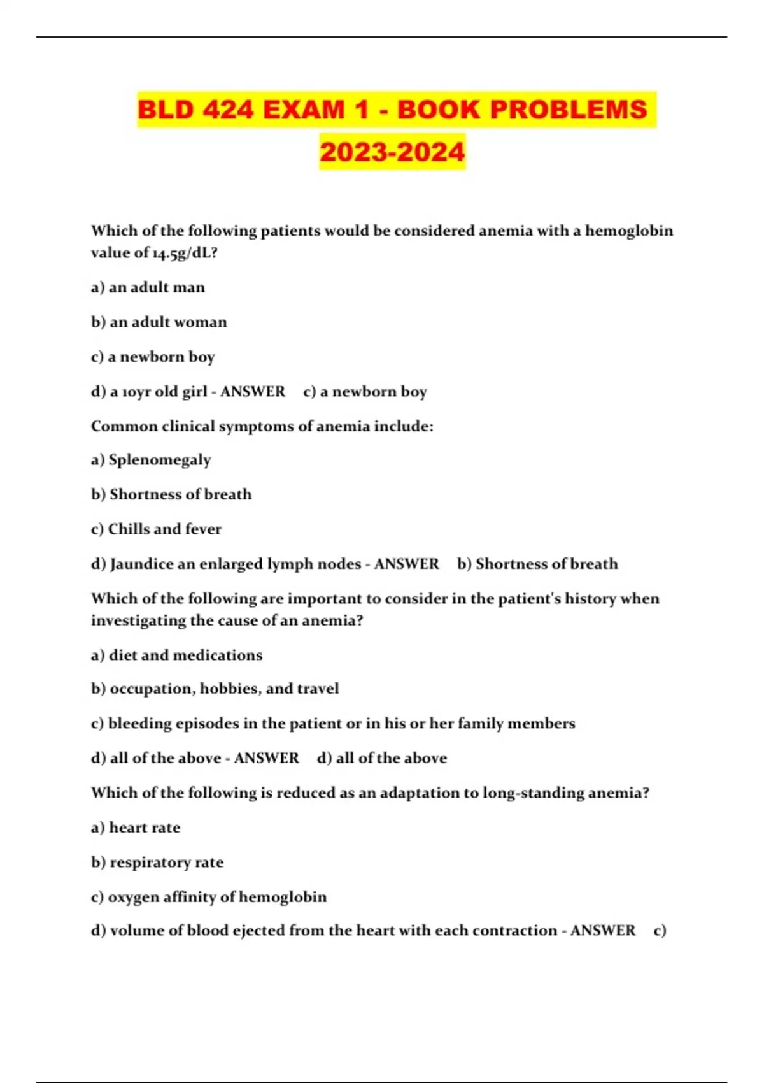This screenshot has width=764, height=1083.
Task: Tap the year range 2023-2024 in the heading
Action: point(392,152)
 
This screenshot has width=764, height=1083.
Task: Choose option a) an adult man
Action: point(148,287)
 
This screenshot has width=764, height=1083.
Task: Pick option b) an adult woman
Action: point(159,322)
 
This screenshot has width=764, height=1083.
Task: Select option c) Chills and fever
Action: point(156,529)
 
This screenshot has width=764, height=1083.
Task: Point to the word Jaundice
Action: point(138,564)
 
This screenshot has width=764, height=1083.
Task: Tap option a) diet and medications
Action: point(176,655)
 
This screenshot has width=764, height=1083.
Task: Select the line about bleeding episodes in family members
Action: point(333,724)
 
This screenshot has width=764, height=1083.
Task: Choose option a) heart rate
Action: point(136,828)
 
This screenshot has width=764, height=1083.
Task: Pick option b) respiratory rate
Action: point(157,863)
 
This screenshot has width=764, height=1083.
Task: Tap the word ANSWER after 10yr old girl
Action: point(253,391)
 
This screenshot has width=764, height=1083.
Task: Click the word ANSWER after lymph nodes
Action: point(406,564)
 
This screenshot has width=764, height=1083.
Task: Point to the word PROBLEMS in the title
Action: point(568,110)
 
